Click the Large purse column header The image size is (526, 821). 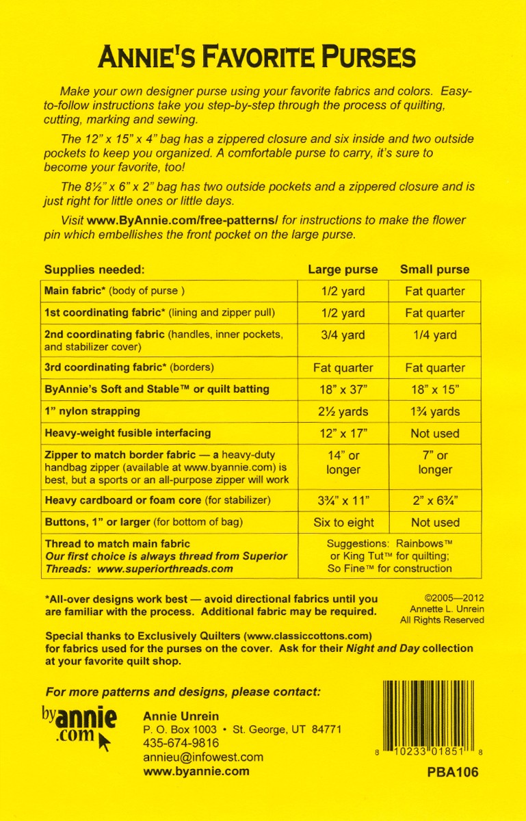[343, 269]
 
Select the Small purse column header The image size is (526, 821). [434, 269]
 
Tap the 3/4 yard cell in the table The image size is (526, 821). [343, 335]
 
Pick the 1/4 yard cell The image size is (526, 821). [434, 335]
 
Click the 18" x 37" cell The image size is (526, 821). [343, 389]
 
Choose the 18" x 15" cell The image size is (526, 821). [434, 389]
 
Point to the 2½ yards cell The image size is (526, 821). [343, 411]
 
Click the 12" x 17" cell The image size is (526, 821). [343, 433]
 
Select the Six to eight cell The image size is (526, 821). [343, 523]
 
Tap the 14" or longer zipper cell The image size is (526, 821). [343, 462]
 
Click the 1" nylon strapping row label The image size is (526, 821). [92, 411]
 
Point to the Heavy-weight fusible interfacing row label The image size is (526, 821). [127, 433]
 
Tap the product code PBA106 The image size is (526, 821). [451, 772]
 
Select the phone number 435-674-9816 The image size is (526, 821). [181, 743]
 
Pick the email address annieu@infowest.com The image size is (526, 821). [202, 757]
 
